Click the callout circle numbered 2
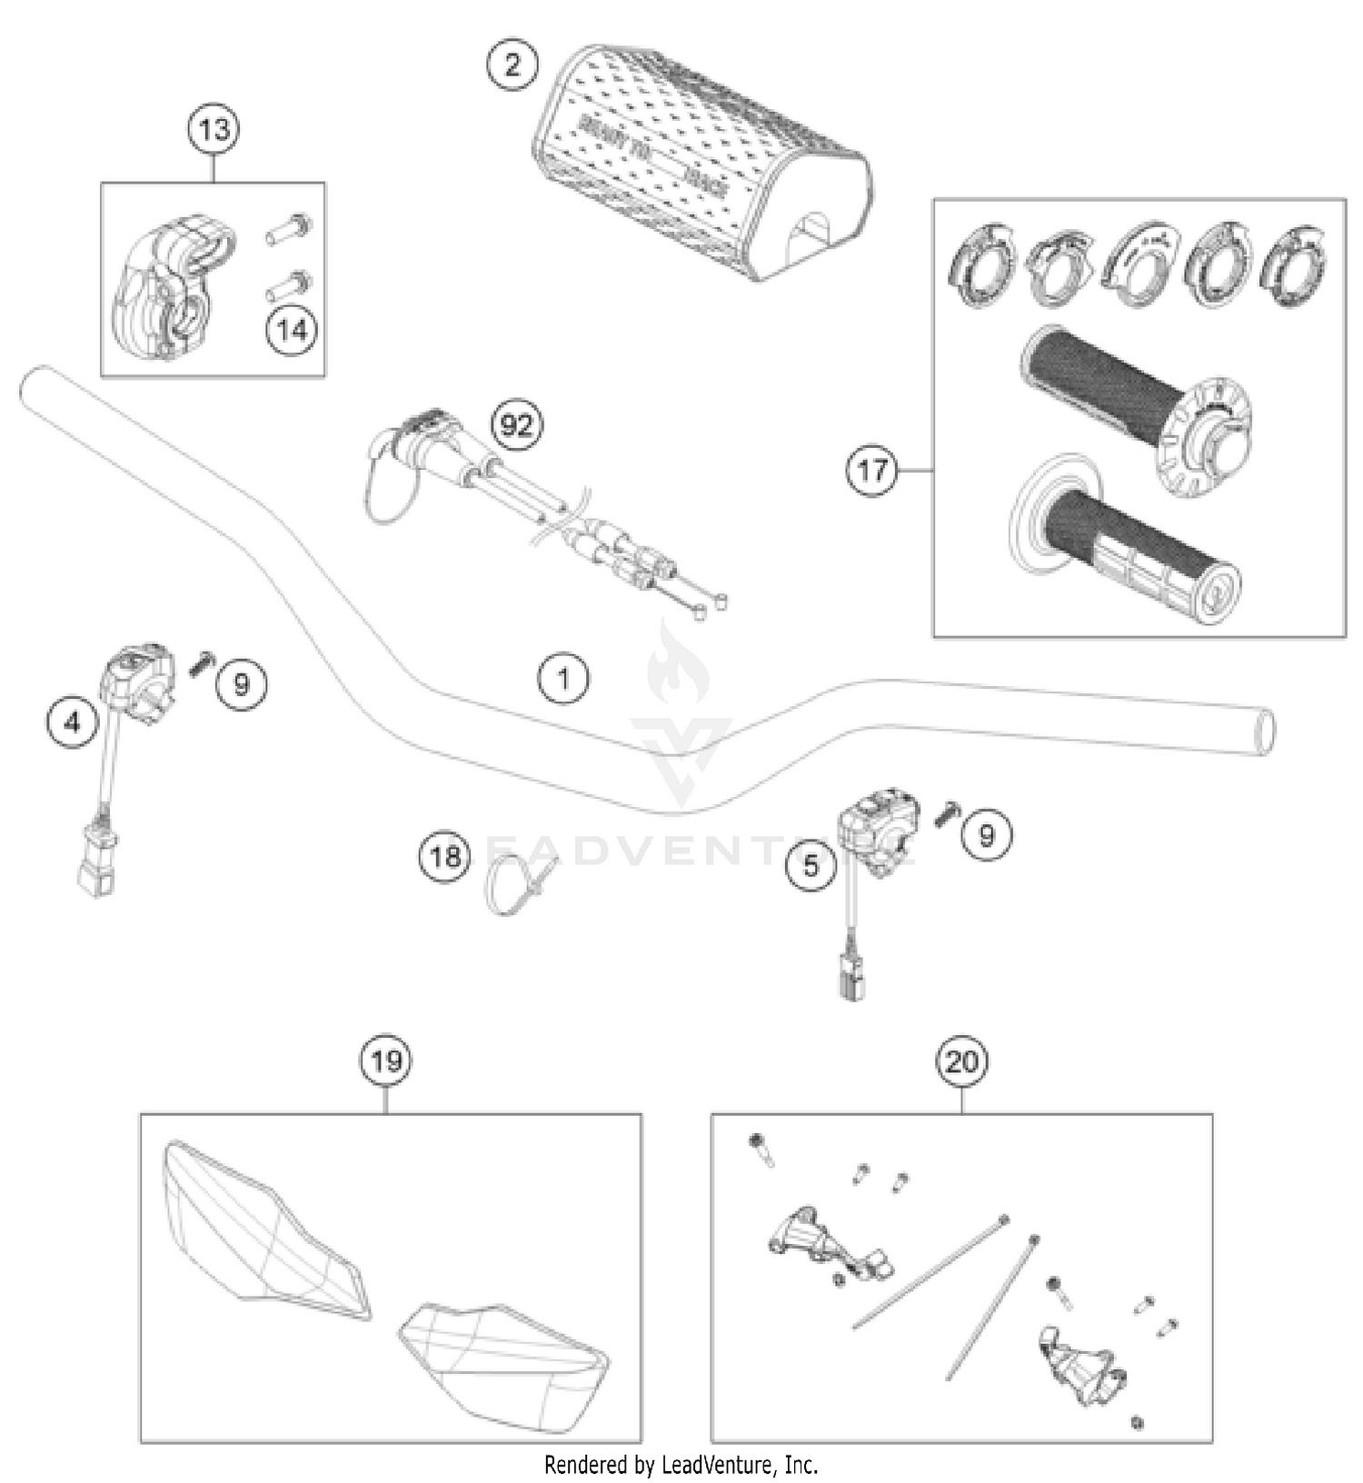(x=512, y=65)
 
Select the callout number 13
(x=214, y=129)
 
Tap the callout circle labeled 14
(x=292, y=329)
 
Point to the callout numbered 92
(x=516, y=424)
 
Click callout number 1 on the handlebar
(x=563, y=678)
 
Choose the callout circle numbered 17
(x=871, y=470)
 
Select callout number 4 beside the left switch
(x=73, y=722)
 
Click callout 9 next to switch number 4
(x=241, y=682)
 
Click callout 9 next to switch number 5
(x=986, y=833)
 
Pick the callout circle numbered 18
(x=444, y=856)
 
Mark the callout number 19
(x=386, y=1060)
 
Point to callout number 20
(x=961, y=1060)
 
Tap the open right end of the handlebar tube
(x=1262, y=731)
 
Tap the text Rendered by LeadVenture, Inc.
(x=681, y=1464)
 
